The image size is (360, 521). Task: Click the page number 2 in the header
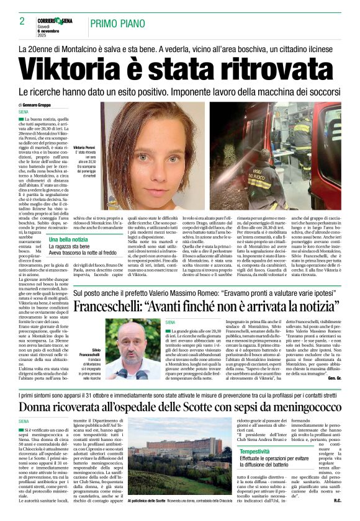point(22,22)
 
